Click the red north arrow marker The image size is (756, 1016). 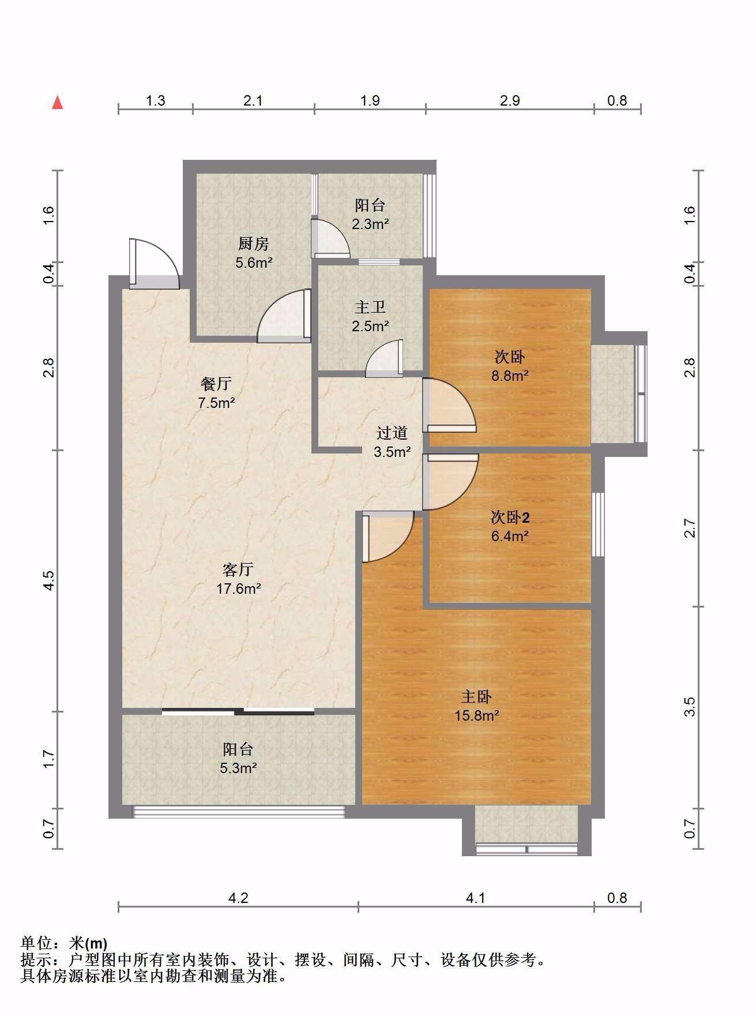(x=57, y=103)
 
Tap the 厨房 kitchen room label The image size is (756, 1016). (x=253, y=244)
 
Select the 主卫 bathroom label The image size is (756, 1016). (x=370, y=308)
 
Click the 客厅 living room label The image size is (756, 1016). (x=238, y=570)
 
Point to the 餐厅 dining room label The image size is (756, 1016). (x=216, y=384)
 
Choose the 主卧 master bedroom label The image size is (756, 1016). (x=476, y=697)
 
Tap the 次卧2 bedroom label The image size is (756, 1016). (x=510, y=518)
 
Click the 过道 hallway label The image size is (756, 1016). (x=392, y=433)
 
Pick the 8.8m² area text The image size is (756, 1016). (x=510, y=376)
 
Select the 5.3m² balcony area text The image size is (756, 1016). (x=238, y=768)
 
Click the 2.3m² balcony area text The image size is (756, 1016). (x=370, y=224)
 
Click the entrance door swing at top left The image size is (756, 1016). (x=153, y=264)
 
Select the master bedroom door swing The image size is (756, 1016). (x=388, y=537)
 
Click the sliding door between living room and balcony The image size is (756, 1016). (x=238, y=711)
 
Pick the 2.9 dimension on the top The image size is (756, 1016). (x=510, y=101)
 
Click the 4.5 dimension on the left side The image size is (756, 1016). (x=49, y=580)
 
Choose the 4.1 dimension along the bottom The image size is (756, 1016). (x=476, y=898)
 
